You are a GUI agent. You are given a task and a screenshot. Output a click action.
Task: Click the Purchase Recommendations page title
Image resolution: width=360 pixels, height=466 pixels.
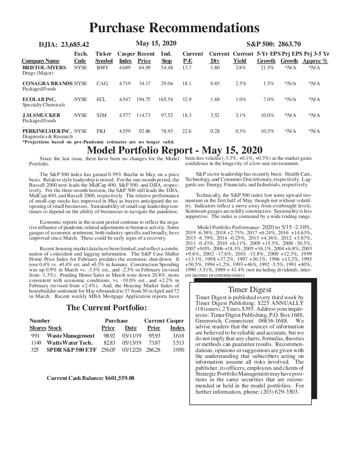tap(174, 28)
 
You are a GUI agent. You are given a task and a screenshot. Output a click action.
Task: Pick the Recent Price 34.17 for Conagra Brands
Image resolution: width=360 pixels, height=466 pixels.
tap(145, 83)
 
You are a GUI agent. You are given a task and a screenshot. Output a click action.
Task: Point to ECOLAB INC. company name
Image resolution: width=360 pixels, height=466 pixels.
tap(39, 99)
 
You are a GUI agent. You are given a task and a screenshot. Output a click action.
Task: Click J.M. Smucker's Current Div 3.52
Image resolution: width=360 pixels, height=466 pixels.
tap(215, 115)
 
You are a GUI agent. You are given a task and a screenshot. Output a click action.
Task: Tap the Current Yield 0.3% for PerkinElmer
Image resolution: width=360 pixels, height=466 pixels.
tap(240, 131)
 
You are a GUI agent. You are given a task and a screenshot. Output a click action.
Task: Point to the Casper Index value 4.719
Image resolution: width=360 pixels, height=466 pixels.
tap(125, 83)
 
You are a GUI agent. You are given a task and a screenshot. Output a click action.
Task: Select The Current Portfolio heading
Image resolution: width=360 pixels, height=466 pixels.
tap(106, 308)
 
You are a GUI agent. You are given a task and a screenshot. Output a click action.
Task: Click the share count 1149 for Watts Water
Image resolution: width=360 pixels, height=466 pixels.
tap(36, 343)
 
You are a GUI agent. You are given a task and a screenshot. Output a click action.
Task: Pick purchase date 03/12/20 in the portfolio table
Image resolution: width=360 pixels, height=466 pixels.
tap(131, 350)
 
